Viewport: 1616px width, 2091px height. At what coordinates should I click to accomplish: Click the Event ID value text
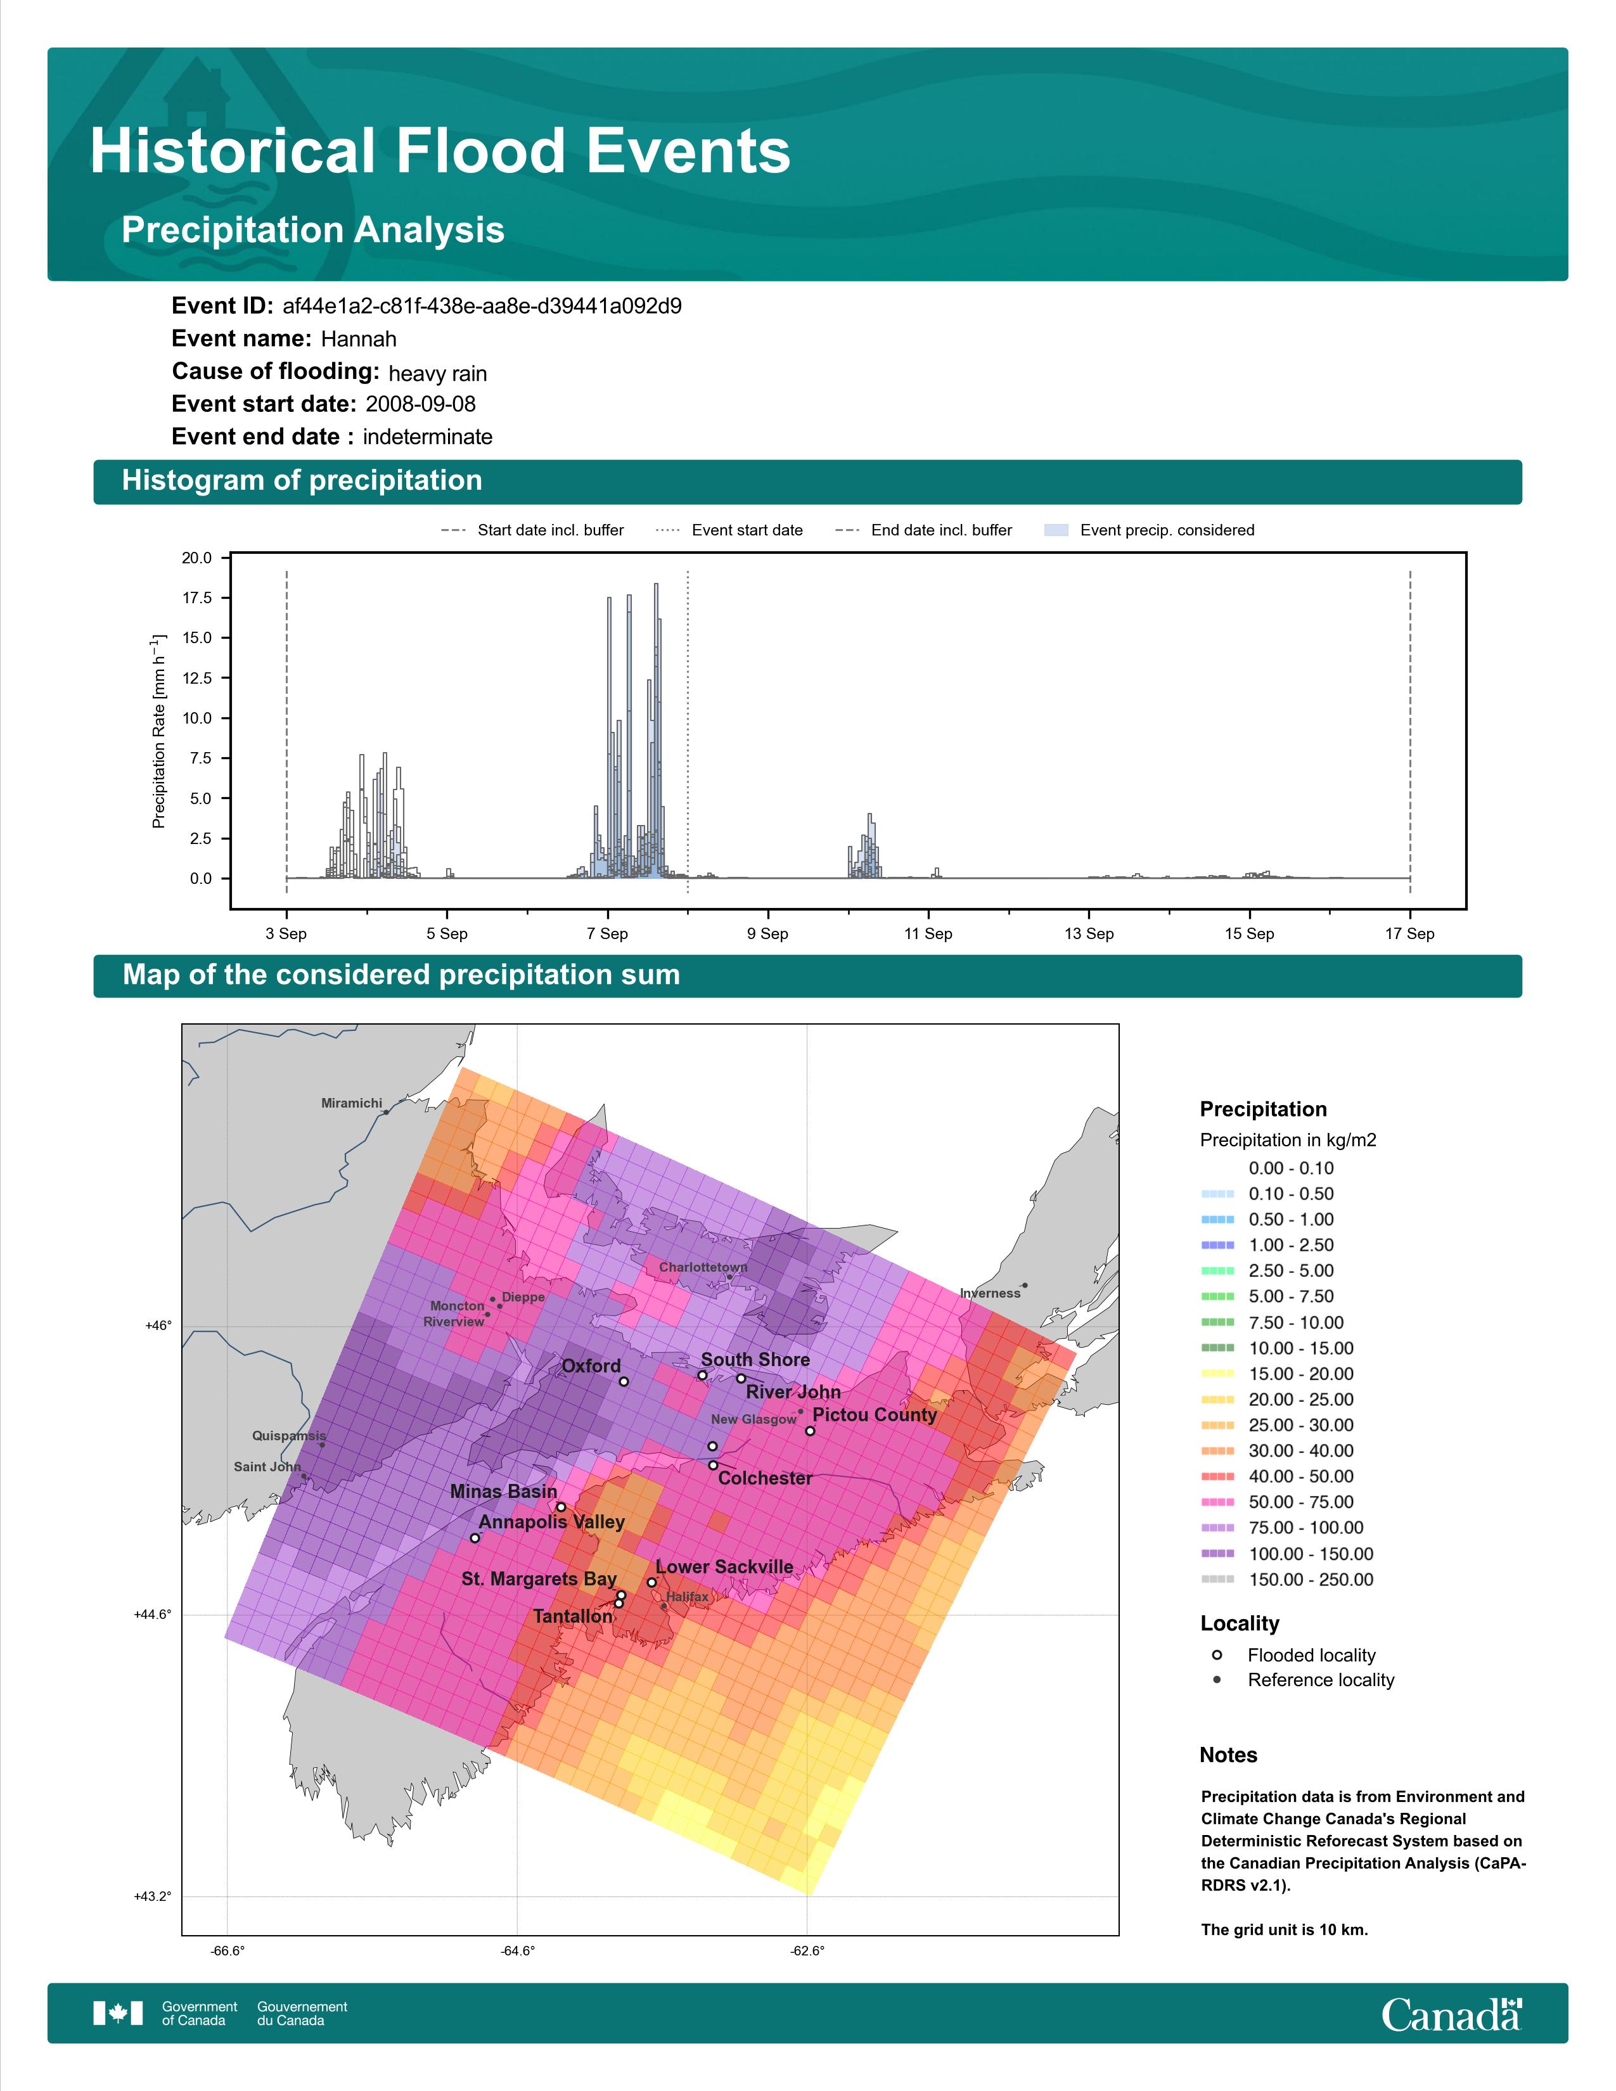(482, 307)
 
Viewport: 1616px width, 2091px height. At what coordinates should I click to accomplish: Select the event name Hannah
(358, 339)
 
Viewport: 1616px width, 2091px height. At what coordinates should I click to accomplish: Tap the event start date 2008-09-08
(420, 404)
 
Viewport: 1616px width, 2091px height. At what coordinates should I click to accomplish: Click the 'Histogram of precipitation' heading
(302, 481)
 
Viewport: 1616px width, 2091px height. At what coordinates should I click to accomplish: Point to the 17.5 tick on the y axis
(197, 598)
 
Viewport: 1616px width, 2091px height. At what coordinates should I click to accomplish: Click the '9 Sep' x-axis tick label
(768, 933)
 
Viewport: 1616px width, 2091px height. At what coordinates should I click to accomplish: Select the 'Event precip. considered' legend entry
(1149, 530)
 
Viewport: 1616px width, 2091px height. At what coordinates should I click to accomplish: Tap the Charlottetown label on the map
(703, 1267)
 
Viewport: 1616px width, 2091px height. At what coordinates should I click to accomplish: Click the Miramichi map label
(351, 1103)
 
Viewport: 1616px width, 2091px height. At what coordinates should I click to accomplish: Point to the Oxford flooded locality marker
(623, 1381)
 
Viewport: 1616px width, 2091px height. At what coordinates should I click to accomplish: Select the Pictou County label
(874, 1415)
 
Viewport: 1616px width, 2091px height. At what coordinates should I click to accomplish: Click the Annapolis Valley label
(551, 1522)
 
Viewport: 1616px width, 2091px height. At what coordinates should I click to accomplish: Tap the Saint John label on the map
(267, 1467)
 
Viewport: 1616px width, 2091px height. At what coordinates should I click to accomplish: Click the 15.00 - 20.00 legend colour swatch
(1217, 1374)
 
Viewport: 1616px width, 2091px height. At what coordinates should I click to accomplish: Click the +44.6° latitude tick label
(152, 1615)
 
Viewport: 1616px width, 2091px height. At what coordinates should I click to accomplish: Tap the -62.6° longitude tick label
(807, 1951)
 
